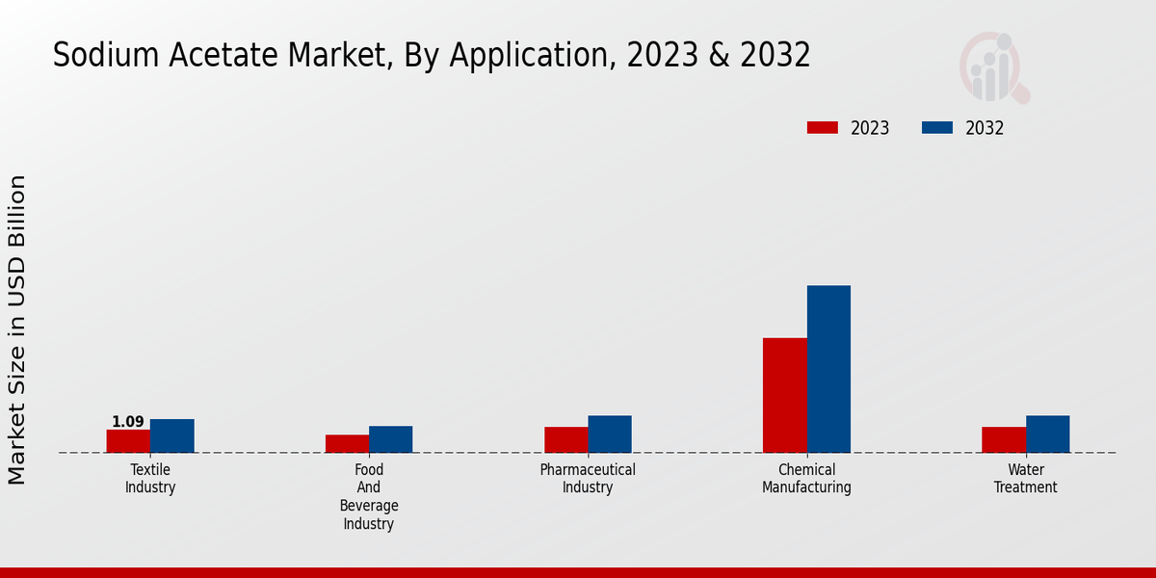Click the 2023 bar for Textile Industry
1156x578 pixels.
(128, 441)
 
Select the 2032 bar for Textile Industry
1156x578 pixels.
(171, 435)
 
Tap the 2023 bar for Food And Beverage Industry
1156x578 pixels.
(347, 444)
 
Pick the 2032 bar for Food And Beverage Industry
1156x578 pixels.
(390, 439)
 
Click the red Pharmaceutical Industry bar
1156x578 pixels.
(565, 440)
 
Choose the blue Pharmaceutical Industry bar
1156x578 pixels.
(610, 434)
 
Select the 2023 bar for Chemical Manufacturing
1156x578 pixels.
(784, 395)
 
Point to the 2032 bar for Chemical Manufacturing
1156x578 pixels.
(828, 369)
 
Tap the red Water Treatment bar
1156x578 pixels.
(1004, 440)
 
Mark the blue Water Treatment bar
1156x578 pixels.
(1047, 434)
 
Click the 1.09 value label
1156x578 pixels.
(128, 422)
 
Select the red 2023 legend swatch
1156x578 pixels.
(823, 128)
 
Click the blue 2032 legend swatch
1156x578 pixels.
(937, 128)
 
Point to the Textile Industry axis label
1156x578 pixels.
(150, 479)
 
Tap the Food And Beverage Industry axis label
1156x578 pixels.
(369, 497)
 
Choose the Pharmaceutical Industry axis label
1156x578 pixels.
(588, 479)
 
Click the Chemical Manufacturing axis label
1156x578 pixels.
(806, 479)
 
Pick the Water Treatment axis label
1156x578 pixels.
(1026, 479)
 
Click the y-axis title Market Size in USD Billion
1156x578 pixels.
(17, 329)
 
